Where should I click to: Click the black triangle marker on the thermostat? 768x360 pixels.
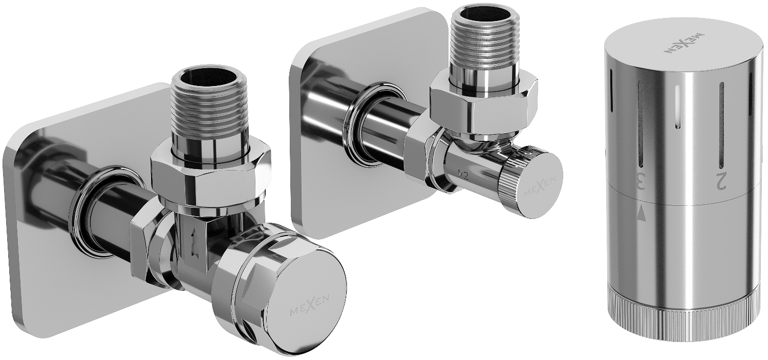pos(642,217)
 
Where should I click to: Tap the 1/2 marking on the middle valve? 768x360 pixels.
pos(464,174)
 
